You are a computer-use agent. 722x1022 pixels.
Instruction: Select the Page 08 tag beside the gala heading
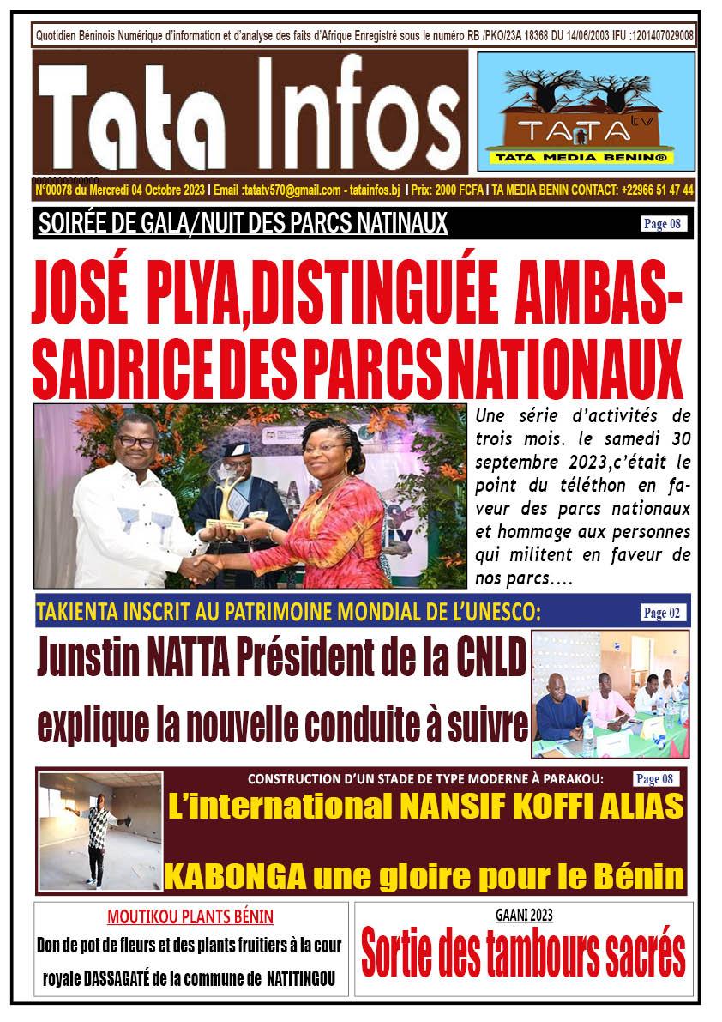click(663, 225)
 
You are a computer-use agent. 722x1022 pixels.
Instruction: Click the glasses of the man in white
click(135, 440)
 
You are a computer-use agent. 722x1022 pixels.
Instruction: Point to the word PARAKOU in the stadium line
click(574, 779)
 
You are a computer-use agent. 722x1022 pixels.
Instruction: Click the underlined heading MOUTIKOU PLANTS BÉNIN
click(190, 916)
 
